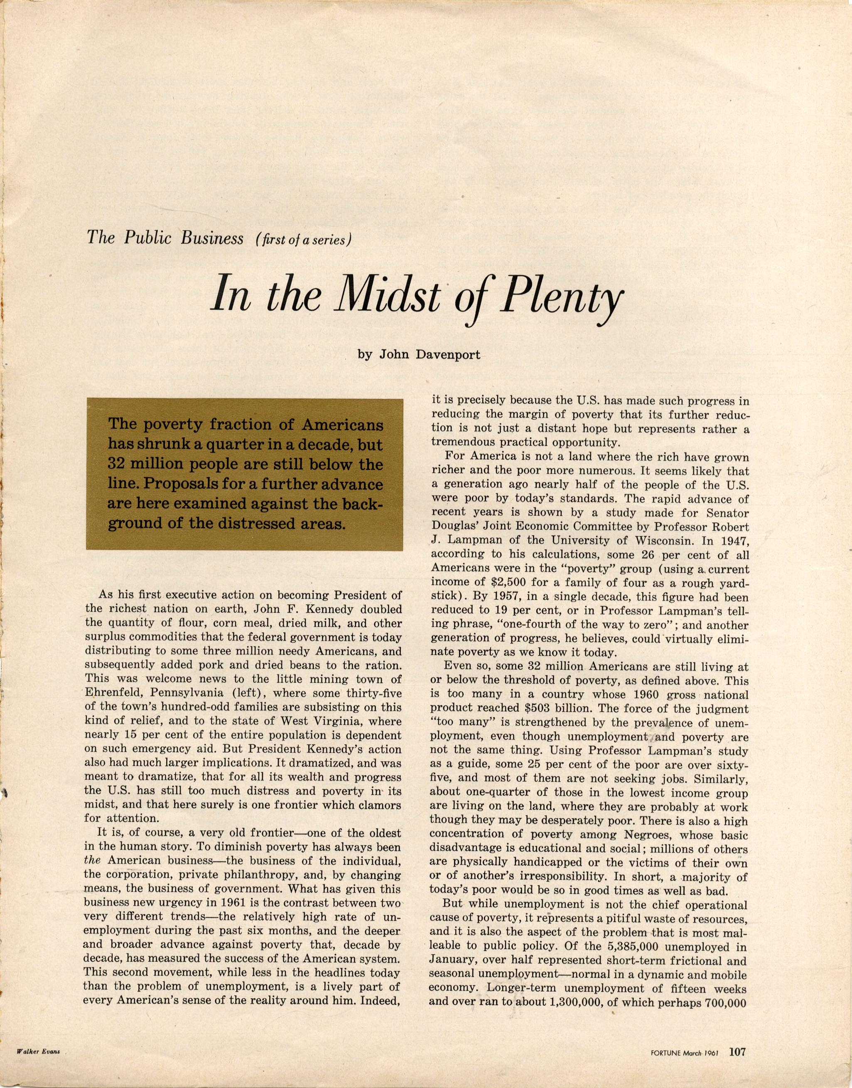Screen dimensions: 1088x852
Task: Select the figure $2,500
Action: click(516, 582)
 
